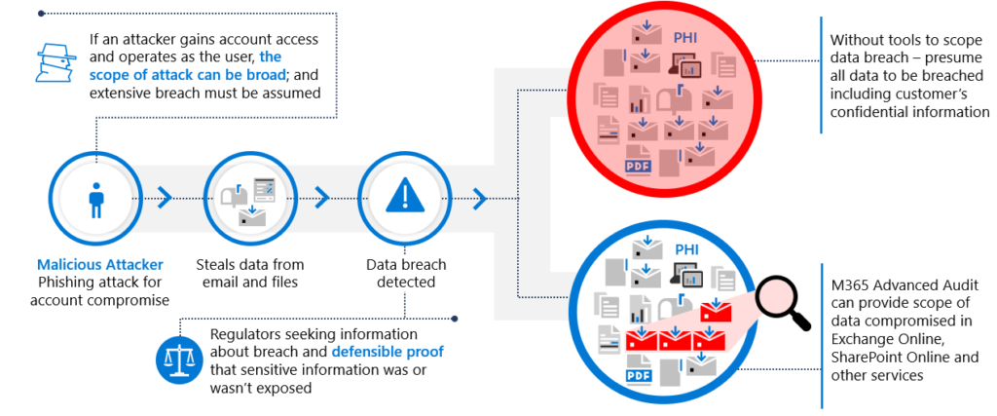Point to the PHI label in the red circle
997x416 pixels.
(x=684, y=38)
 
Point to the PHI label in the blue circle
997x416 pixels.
(x=686, y=249)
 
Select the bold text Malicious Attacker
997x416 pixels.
(x=100, y=264)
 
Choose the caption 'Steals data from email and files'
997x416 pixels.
(x=249, y=273)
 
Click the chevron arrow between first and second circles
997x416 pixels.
(x=165, y=199)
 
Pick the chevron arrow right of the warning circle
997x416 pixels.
(x=479, y=199)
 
